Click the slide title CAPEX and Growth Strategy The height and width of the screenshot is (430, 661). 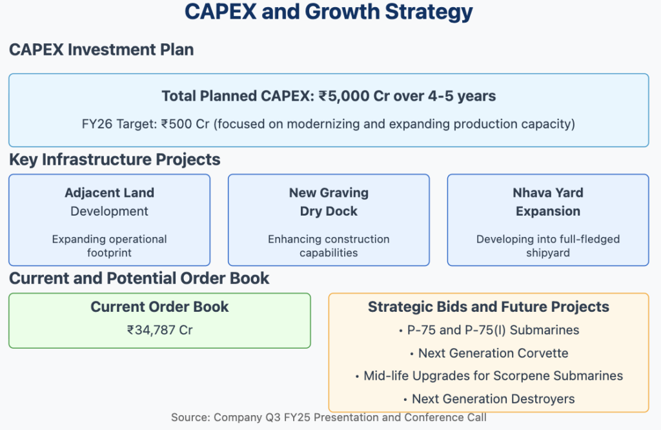[329, 12]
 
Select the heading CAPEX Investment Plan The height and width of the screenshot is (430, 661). [101, 50]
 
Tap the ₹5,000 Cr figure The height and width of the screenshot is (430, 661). [354, 96]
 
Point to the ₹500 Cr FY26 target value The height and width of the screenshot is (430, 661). [185, 124]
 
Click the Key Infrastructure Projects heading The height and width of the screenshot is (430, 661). [115, 159]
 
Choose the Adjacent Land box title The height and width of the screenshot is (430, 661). [110, 201]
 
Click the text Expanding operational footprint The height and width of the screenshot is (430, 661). [110, 246]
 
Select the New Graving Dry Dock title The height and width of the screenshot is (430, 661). [329, 201]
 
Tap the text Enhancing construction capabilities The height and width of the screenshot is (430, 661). [329, 246]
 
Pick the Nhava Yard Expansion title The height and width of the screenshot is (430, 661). [548, 201]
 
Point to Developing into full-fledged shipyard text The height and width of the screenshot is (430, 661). [548, 246]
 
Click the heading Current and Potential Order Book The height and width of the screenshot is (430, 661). [139, 278]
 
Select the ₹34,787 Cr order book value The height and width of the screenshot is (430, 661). [160, 330]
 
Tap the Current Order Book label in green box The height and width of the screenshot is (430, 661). [160, 307]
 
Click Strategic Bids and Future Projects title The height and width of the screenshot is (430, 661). [489, 307]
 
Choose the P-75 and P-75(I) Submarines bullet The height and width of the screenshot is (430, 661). [489, 330]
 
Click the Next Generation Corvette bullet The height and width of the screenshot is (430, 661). [489, 353]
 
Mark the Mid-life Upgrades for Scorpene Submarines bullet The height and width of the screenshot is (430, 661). [489, 376]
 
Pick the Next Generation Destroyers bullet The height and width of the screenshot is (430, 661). [489, 399]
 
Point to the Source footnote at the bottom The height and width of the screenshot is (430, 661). [329, 417]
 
